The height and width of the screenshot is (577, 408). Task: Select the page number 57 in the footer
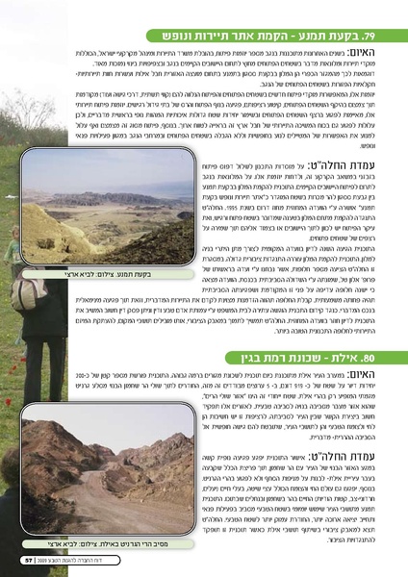click(28, 557)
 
